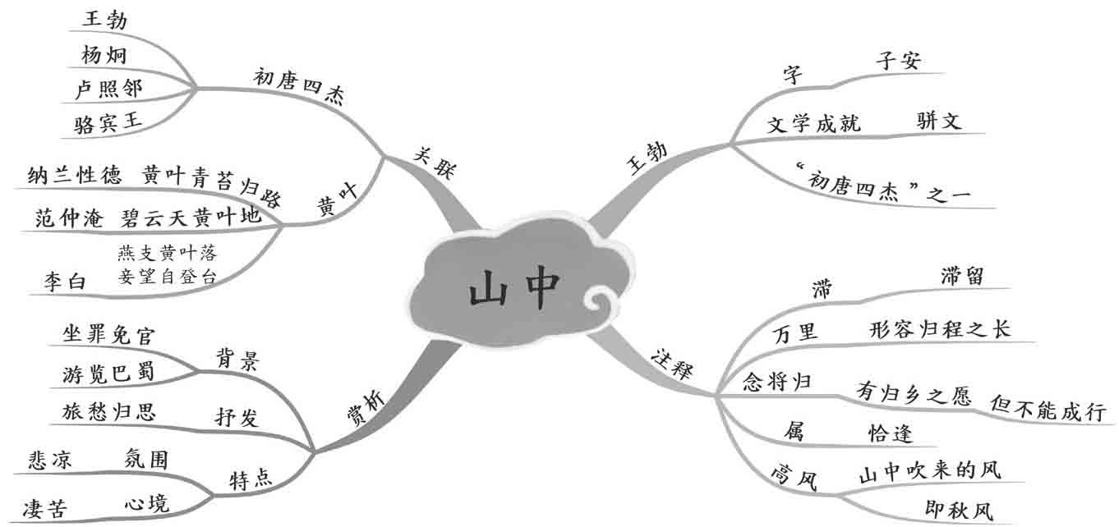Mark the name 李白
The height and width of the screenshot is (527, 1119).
[x=65, y=282]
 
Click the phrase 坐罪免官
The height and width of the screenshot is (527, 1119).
[x=108, y=335]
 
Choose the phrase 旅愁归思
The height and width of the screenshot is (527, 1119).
[x=108, y=410]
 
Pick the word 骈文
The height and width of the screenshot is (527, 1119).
[x=938, y=121]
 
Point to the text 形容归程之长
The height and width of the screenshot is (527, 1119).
[x=939, y=329]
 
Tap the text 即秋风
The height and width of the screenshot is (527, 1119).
[x=958, y=510]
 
